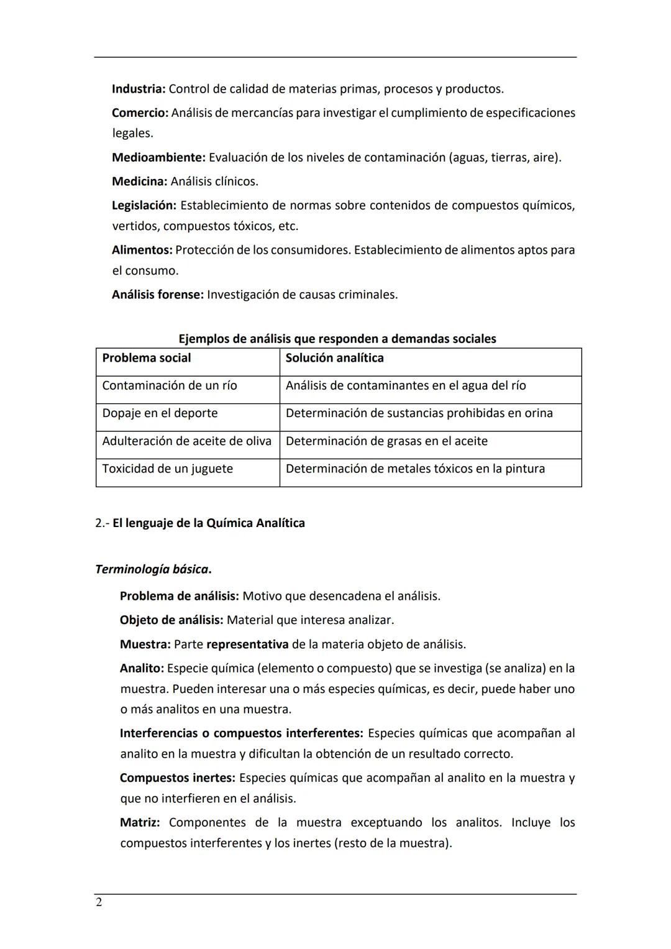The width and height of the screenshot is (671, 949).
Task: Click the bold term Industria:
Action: (138, 89)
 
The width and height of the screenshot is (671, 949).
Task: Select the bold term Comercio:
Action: (140, 113)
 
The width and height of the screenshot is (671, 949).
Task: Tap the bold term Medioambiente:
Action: (158, 158)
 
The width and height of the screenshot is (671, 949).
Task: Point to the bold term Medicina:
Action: (139, 181)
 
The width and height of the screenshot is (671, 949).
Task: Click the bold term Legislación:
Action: (144, 206)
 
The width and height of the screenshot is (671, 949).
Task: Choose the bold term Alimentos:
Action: (142, 250)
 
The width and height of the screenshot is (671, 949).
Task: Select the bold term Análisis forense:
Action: (157, 295)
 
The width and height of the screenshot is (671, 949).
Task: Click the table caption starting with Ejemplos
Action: (337, 339)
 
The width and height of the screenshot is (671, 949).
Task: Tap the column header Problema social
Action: (147, 358)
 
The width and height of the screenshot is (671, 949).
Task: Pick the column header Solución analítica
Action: (334, 358)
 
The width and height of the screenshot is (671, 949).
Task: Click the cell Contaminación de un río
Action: (170, 386)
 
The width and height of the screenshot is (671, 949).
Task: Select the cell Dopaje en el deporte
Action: (160, 413)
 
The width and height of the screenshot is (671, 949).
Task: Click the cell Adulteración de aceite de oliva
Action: (186, 441)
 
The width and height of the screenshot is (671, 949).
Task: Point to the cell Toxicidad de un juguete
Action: (167, 469)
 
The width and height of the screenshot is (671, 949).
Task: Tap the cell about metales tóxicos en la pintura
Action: (415, 469)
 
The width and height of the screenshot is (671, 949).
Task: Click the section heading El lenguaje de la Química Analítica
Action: (208, 523)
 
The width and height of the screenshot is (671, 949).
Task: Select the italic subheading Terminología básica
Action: (152, 569)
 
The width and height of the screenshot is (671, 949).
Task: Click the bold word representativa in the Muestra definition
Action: (247, 644)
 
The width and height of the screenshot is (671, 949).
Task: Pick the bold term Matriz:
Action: (139, 823)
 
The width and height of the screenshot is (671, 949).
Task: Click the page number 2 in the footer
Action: (99, 902)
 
